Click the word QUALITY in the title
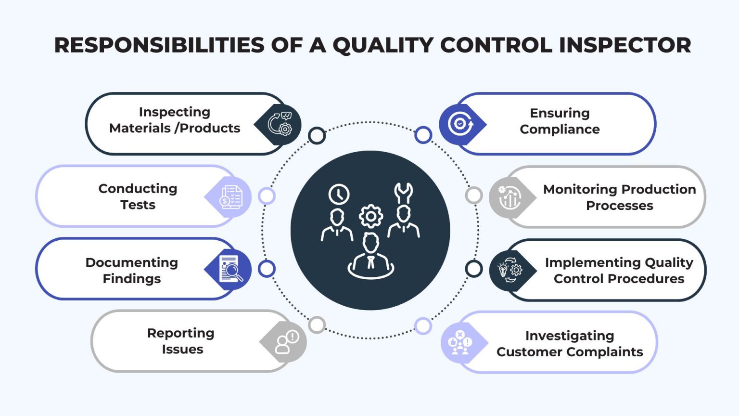click(x=383, y=45)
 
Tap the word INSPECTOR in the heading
click(x=625, y=45)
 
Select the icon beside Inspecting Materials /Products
click(x=280, y=124)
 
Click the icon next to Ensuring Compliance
click(x=460, y=124)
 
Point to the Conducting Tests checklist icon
click(x=230, y=197)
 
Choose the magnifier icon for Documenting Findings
click(x=230, y=269)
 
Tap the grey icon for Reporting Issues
click(x=286, y=342)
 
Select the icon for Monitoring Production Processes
click(x=510, y=197)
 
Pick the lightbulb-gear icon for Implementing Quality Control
click(x=510, y=270)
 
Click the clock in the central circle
click(x=339, y=194)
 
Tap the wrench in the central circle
click(x=403, y=192)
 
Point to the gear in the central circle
click(x=371, y=217)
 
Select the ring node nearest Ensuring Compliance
click(x=423, y=135)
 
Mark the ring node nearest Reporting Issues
click(x=317, y=325)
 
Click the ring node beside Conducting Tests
click(x=267, y=196)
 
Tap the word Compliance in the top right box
click(x=560, y=130)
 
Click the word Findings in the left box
click(x=132, y=279)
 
